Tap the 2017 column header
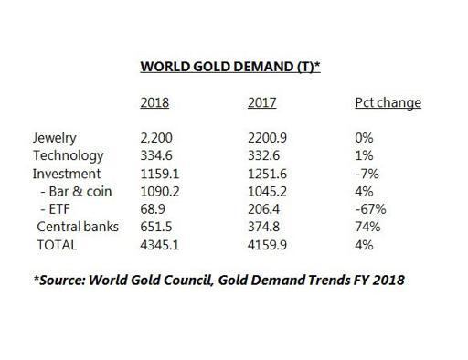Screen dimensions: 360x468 261,102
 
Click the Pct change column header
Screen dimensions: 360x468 387,102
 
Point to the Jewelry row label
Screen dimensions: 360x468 53,139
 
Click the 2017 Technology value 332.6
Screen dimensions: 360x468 263,155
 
